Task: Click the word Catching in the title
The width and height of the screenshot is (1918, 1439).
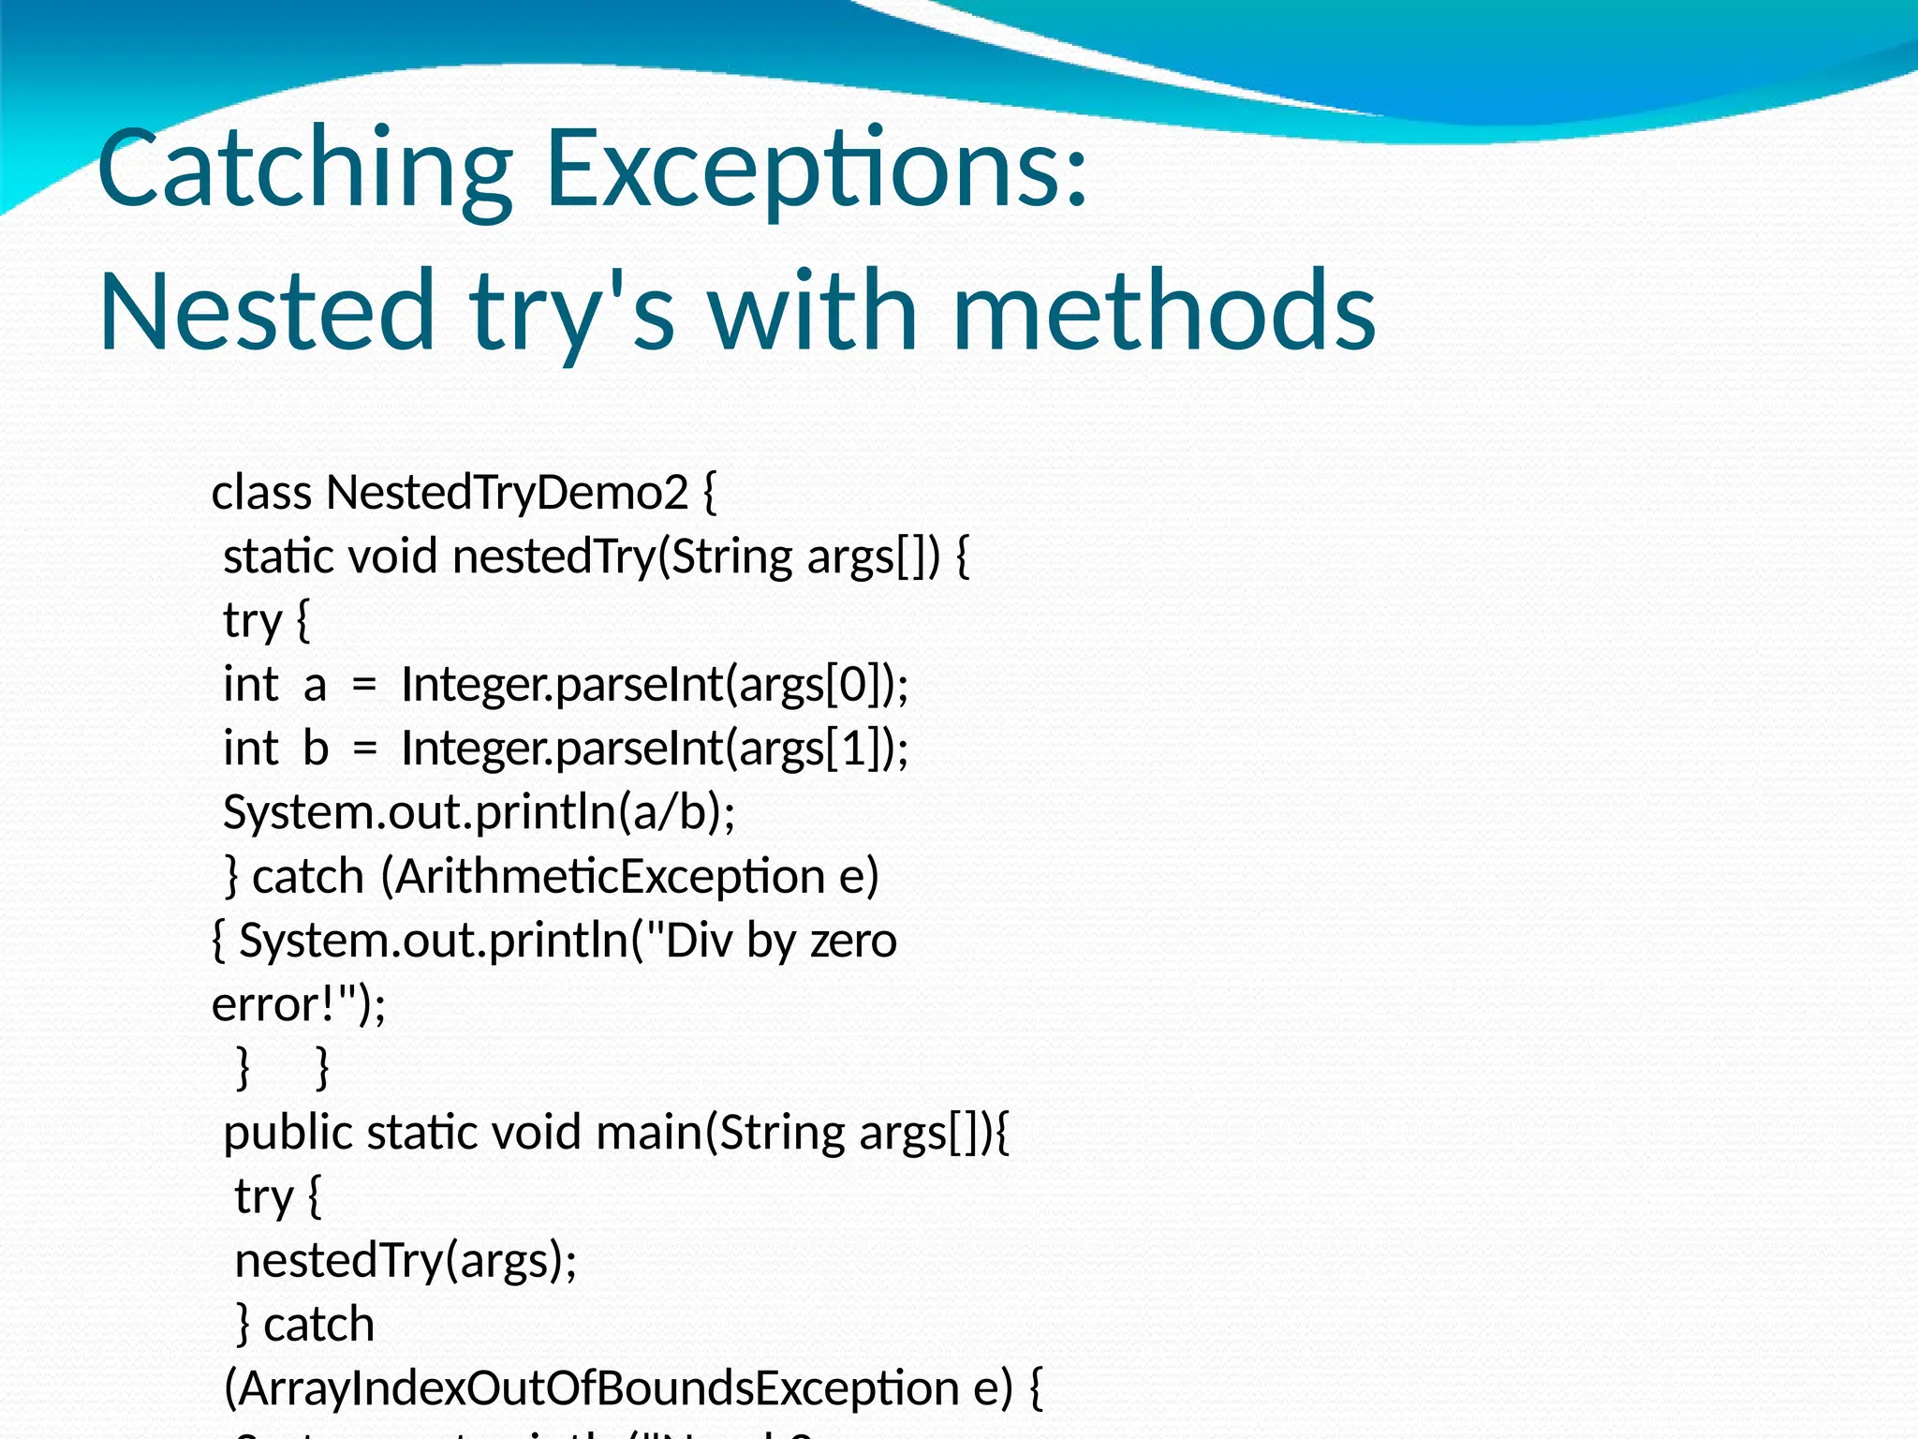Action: tap(304, 171)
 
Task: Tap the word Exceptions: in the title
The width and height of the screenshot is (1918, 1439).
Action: tap(817, 171)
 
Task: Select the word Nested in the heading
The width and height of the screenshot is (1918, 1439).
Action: tap(267, 311)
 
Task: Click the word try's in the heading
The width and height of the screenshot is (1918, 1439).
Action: tap(572, 311)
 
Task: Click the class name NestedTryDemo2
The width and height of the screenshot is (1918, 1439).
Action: tap(507, 493)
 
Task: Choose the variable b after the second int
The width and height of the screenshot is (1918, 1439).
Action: tap(316, 748)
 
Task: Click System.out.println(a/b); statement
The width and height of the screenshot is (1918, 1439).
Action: tap(479, 812)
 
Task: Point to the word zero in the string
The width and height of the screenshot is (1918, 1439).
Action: tap(853, 941)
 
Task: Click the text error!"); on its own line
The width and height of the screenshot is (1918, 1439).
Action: tap(299, 1004)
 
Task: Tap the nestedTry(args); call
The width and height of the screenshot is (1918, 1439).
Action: tap(406, 1260)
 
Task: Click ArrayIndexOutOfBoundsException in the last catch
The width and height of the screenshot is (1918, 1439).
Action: tap(598, 1388)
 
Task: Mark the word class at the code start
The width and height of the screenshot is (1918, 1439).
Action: tap(261, 493)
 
